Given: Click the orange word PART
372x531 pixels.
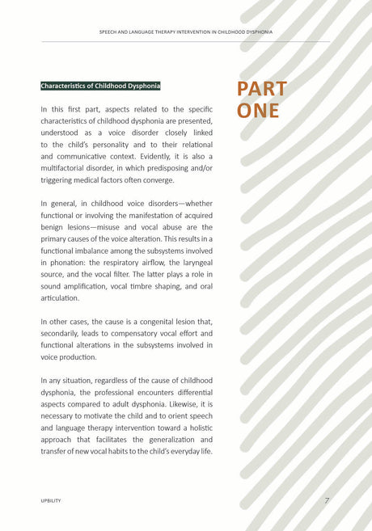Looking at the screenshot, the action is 261,89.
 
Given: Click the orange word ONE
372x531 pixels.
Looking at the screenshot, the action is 258,111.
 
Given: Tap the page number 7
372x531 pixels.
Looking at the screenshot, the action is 327,501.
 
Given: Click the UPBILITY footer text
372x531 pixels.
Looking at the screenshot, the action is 51,501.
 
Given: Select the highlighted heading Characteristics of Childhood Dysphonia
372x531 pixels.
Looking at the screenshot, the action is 100,86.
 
